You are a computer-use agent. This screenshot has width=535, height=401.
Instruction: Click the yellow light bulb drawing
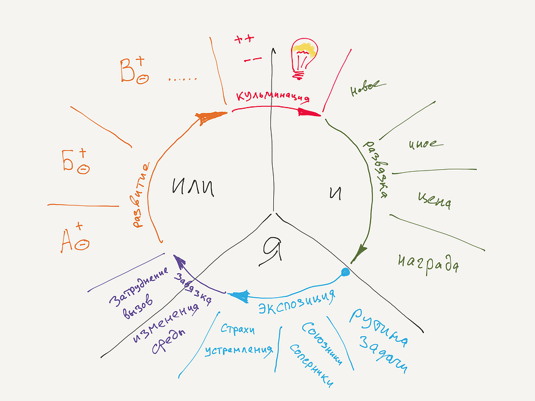click(x=304, y=57)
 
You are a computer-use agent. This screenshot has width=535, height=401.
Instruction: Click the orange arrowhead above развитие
click(x=206, y=117)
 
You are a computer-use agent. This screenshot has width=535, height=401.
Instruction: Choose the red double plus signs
click(x=244, y=40)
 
